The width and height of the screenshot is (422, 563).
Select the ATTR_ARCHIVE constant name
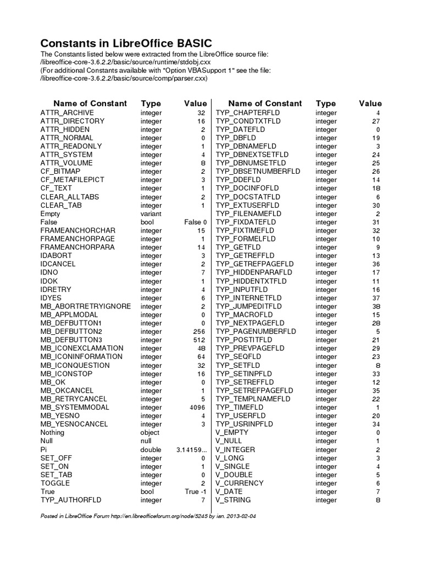coord(67,112)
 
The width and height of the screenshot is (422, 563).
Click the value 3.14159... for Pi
coord(191,450)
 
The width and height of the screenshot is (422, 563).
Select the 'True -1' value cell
coord(196,492)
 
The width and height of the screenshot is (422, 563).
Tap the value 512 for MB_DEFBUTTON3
coord(199,340)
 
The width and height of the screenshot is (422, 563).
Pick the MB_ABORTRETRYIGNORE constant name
coord(85,306)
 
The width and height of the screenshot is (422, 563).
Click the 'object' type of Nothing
coord(150,433)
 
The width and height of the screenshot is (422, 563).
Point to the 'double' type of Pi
coord(151,450)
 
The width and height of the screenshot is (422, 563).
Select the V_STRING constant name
coord(234,500)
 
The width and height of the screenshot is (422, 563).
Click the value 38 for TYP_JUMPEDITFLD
coord(376,306)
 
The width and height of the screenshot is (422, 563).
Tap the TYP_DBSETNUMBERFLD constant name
coord(258,172)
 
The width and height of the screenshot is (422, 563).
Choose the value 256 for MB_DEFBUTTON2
coord(199,332)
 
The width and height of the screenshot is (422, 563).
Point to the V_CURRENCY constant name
coord(240,483)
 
